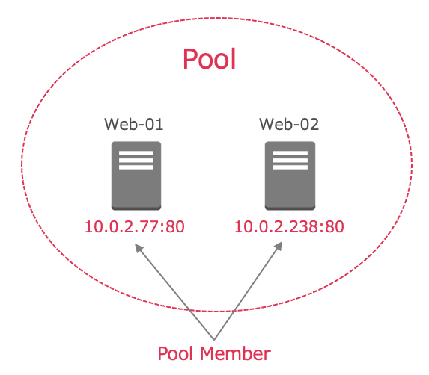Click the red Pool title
pyautogui.click(x=210, y=59)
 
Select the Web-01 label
pyautogui.click(x=134, y=125)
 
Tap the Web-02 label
pyautogui.click(x=289, y=125)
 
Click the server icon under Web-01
pyautogui.click(x=136, y=176)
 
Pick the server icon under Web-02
pyautogui.click(x=290, y=176)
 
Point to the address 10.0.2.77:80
pyautogui.click(x=135, y=227)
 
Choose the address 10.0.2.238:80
pyautogui.click(x=289, y=227)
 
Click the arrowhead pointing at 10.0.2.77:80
pyautogui.click(x=139, y=247)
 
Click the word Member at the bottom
pyautogui.click(x=235, y=354)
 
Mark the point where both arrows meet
pyautogui.click(x=214, y=340)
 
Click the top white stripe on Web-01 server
pyautogui.click(x=136, y=153)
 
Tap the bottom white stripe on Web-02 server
pyautogui.click(x=290, y=167)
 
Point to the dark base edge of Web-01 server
pyautogui.click(x=136, y=208)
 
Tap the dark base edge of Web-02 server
pyautogui.click(x=290, y=208)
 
